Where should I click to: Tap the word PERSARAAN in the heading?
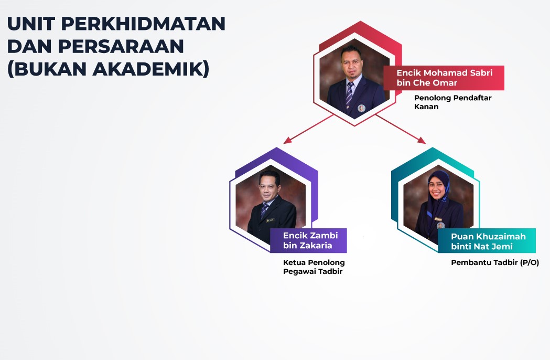click(121, 46)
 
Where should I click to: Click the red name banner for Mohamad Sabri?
click(444, 78)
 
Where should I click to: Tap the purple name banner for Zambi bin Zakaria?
click(308, 240)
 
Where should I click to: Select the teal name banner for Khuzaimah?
click(487, 240)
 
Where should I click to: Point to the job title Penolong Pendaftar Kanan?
click(452, 102)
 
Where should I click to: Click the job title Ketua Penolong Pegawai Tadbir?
click(314, 267)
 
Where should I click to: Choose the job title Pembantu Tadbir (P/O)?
click(495, 262)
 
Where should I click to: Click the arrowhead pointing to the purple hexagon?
click(287, 140)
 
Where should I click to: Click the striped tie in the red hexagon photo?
click(350, 93)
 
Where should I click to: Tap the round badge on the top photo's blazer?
click(361, 108)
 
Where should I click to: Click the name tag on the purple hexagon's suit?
click(270, 220)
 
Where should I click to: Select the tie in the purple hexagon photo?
click(264, 210)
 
